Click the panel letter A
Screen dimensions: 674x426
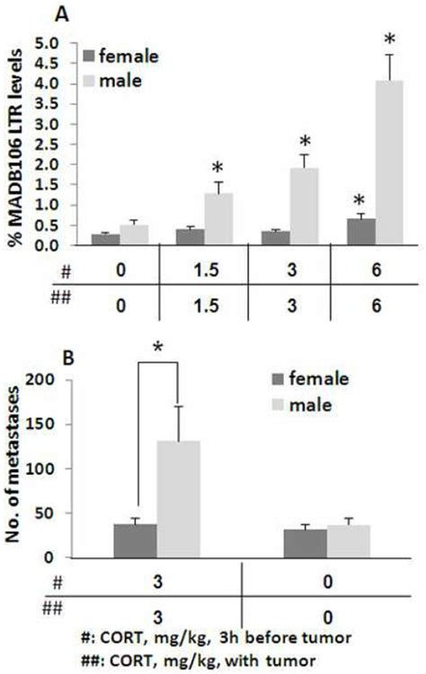[88, 13]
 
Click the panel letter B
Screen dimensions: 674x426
[88, 356]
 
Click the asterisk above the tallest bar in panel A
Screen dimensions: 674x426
[389, 39]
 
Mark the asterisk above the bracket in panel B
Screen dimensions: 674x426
[158, 346]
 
